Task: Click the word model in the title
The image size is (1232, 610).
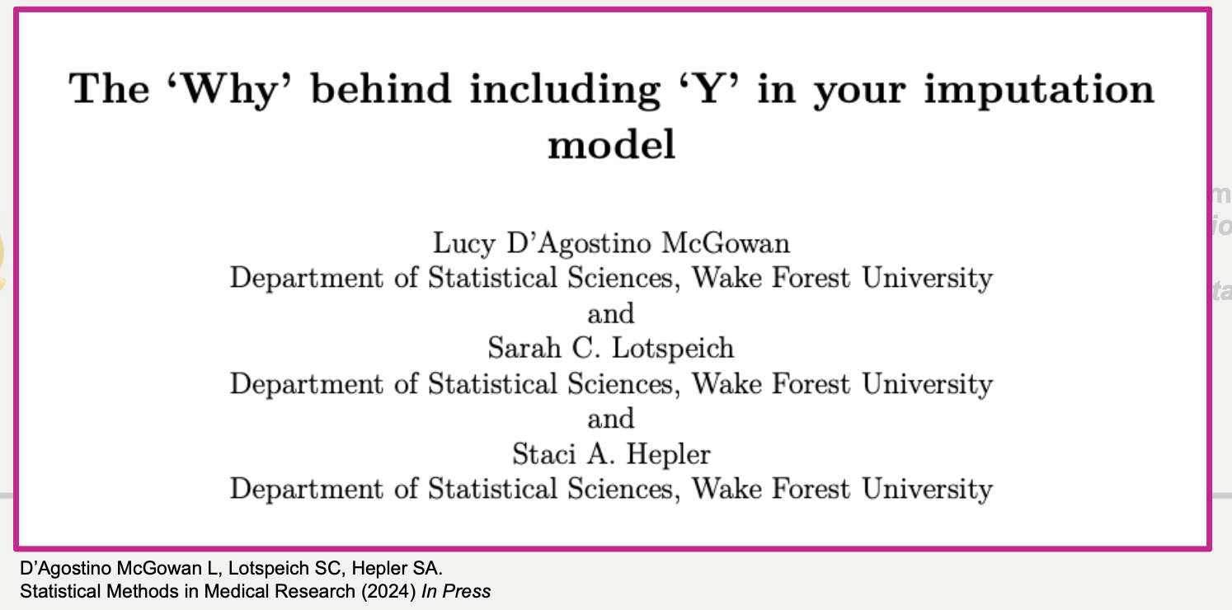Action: tap(612, 144)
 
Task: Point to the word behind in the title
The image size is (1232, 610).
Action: tap(381, 88)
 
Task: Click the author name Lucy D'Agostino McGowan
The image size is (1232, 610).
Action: tap(612, 244)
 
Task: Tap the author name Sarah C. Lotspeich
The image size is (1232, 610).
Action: tap(611, 349)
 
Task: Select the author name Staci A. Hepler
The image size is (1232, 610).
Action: tap(612, 454)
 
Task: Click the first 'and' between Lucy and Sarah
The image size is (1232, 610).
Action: tap(611, 314)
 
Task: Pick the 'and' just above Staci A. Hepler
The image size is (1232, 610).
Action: tap(611, 420)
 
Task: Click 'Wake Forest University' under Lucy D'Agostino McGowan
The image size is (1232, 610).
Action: tap(842, 278)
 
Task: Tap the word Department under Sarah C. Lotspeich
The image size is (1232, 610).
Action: tap(307, 384)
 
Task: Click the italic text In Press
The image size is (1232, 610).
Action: tap(456, 591)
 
